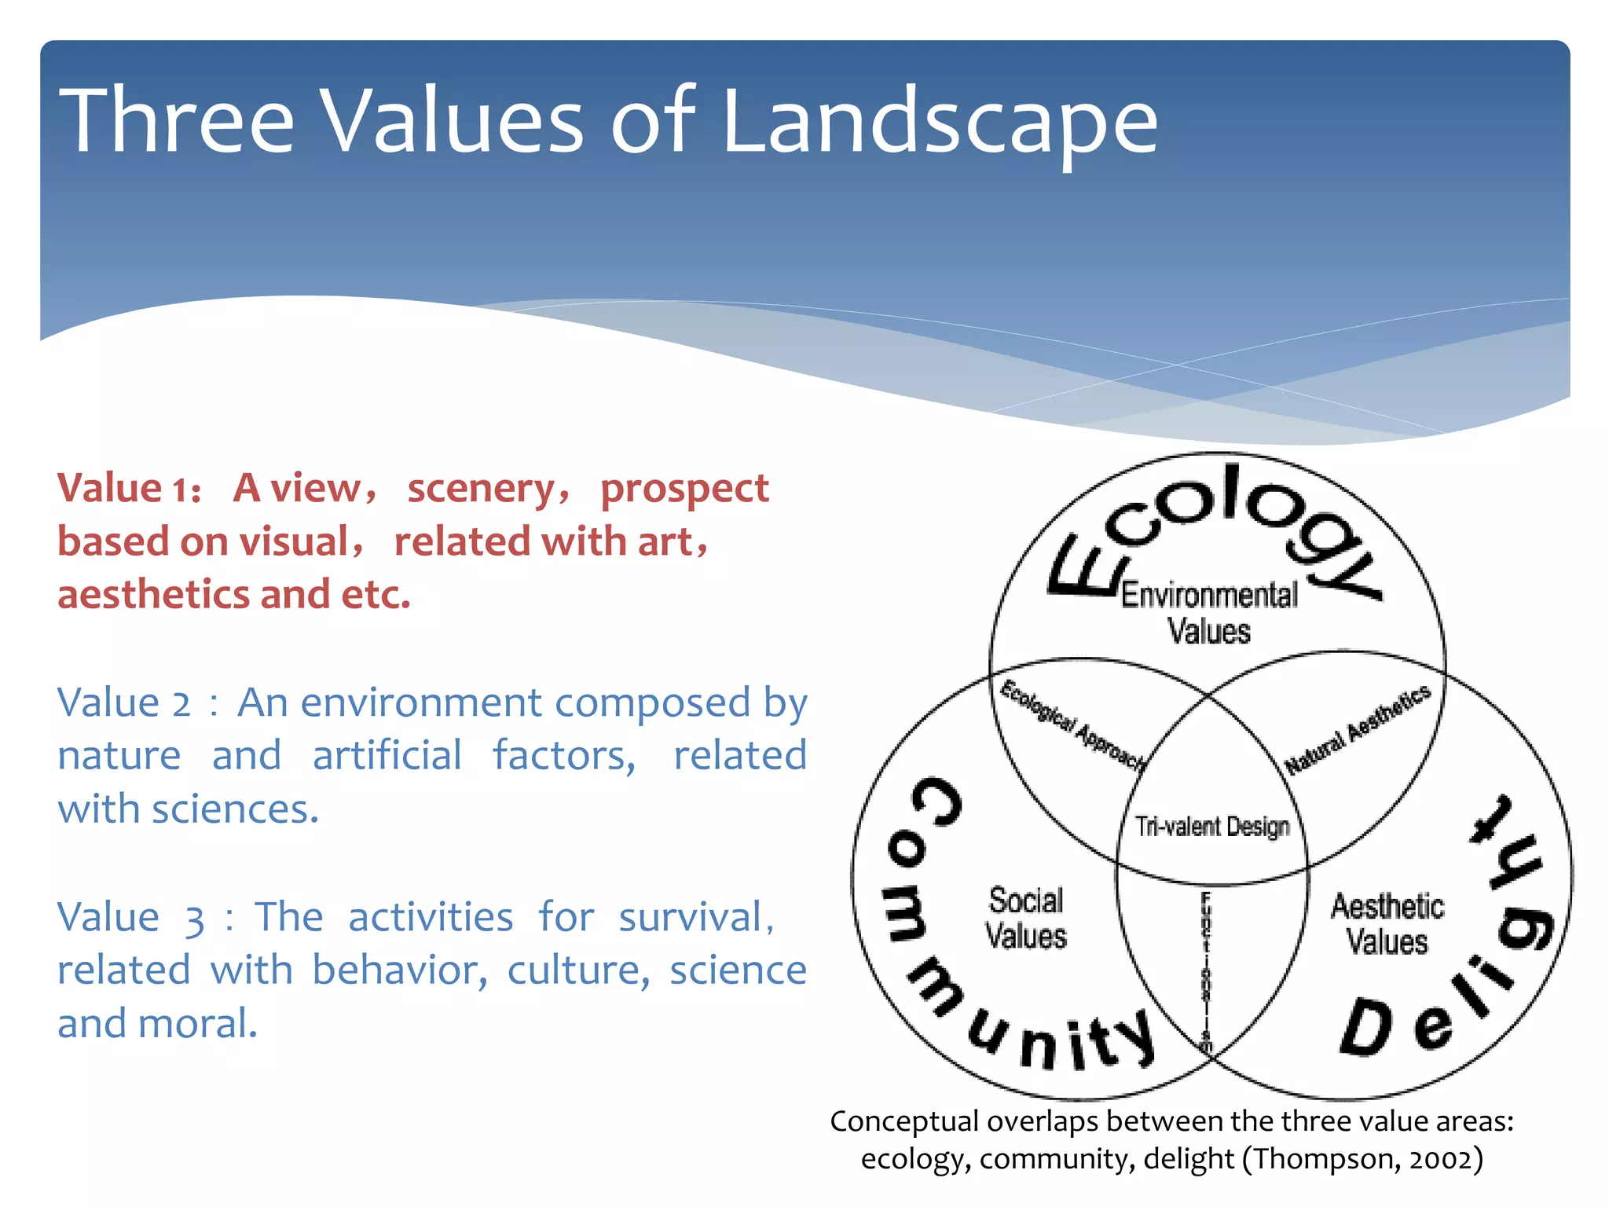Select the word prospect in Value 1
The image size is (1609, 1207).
point(684,490)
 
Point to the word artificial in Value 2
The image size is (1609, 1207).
point(387,756)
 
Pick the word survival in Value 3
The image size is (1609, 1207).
point(691,918)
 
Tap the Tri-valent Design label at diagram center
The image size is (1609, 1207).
point(1212,827)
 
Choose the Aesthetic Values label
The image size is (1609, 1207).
point(1387,924)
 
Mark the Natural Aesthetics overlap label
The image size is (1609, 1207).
point(1358,728)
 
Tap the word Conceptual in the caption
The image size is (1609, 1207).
point(904,1122)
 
